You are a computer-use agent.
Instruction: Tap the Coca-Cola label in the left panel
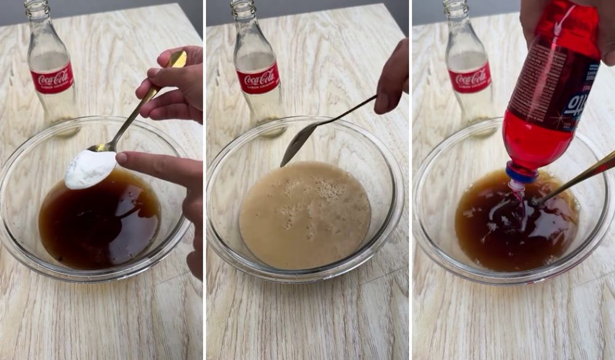click(x=52, y=78)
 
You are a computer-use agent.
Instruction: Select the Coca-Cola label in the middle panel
click(x=258, y=78)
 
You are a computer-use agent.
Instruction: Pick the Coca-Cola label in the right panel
click(x=470, y=78)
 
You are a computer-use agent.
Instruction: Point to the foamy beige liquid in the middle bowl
click(x=304, y=228)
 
